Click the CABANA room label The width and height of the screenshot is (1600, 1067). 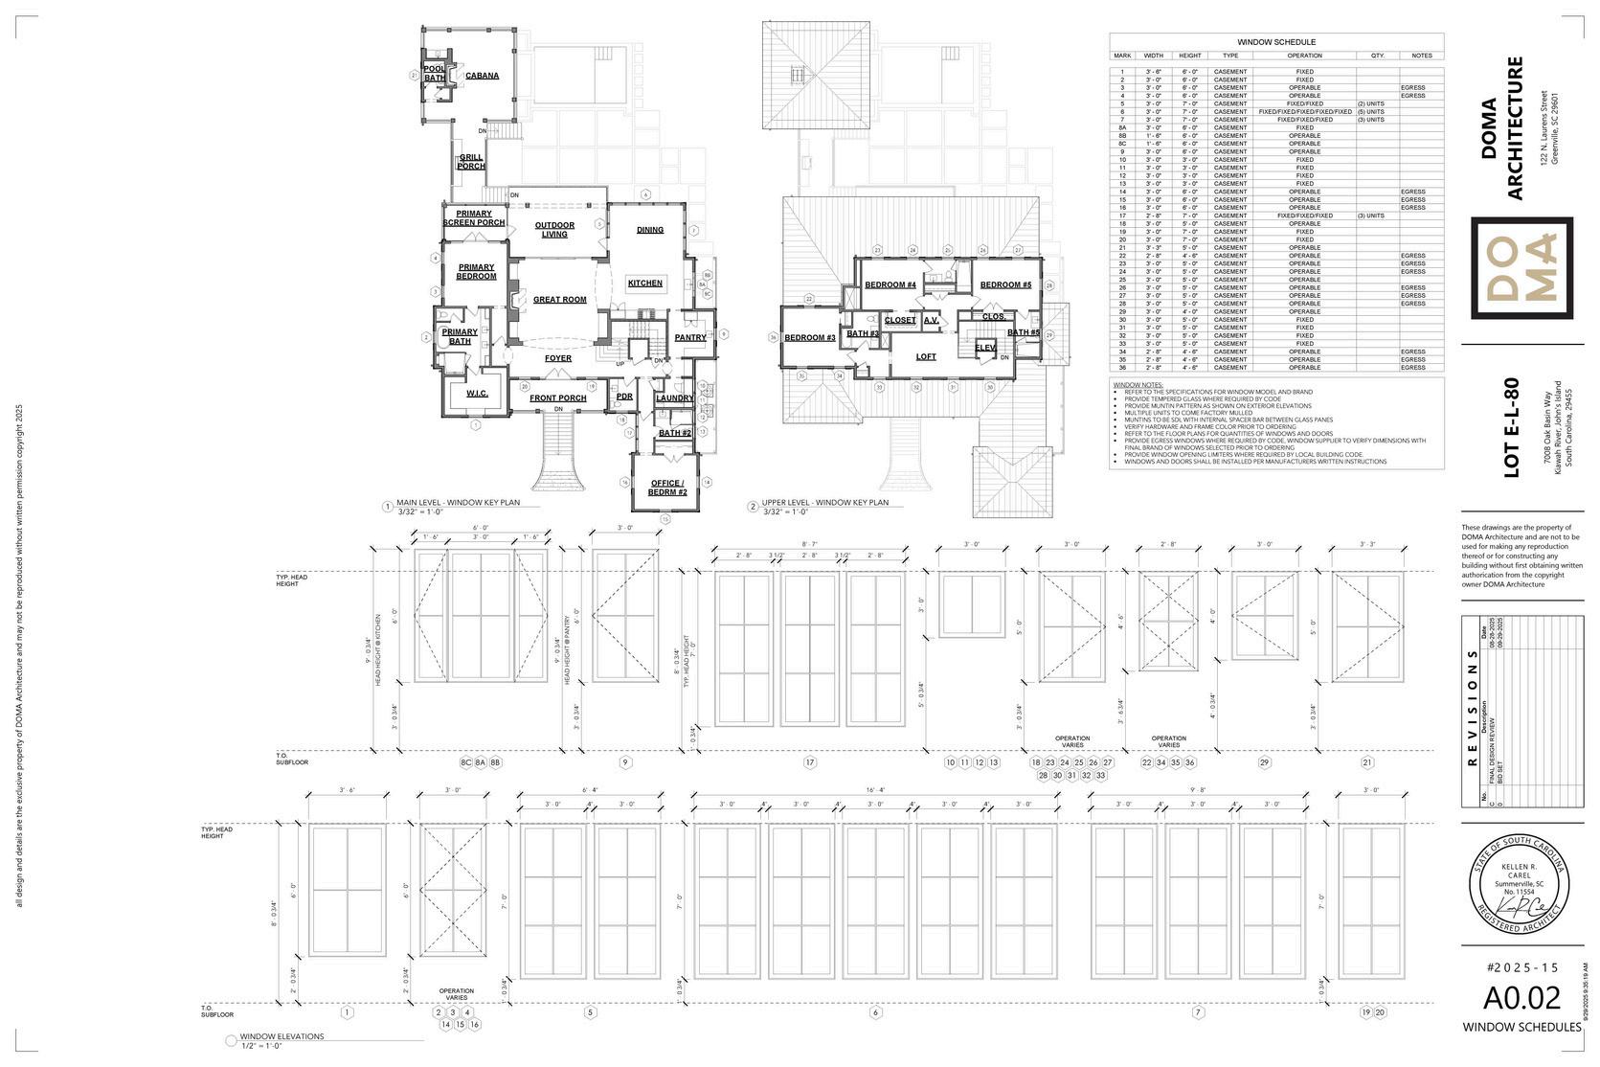coord(482,76)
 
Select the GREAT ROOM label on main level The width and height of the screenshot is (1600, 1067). coord(559,300)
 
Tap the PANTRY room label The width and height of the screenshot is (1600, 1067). coord(689,337)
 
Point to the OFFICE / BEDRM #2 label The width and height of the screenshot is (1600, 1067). coord(668,488)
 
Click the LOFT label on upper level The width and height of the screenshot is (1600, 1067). coord(926,357)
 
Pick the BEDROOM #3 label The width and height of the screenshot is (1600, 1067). coord(810,337)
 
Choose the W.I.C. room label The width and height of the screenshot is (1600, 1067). coord(477,394)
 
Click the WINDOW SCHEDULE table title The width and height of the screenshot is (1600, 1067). coord(1275,42)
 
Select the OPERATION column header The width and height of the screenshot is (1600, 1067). coord(1304,56)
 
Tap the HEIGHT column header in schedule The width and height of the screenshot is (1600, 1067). coord(1190,56)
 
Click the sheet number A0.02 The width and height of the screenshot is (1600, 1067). coord(1521,998)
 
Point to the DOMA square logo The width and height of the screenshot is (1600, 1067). coord(1521,268)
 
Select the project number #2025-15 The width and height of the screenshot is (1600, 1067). coord(1521,968)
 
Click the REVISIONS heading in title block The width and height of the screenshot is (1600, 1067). coord(1473,710)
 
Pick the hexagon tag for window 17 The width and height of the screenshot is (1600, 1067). coord(810,762)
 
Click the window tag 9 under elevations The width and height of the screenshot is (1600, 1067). coord(625,762)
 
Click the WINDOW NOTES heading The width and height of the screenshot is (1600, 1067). coord(1135,384)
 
